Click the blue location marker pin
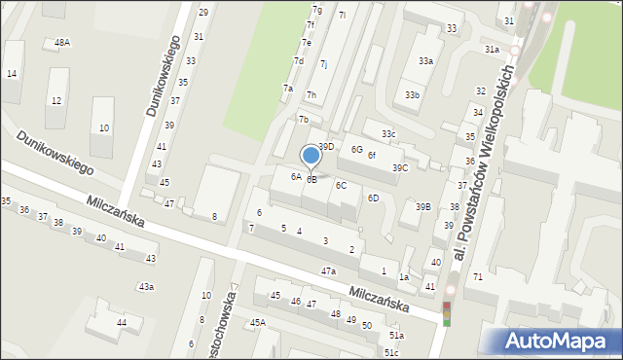(311, 156)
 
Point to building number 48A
(62, 43)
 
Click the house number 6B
(311, 179)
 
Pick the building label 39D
(326, 146)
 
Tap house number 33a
(425, 61)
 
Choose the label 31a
(492, 50)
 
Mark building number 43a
(146, 286)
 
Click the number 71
(478, 277)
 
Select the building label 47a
(328, 270)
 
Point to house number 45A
(258, 322)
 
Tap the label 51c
(391, 352)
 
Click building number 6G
(357, 150)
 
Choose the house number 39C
(400, 167)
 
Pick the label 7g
(315, 10)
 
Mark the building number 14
(12, 74)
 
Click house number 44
(122, 322)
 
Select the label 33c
(388, 133)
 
